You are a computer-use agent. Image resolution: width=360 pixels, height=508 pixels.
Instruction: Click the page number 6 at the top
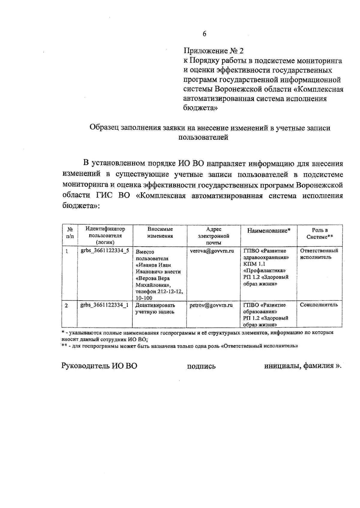tap(204, 34)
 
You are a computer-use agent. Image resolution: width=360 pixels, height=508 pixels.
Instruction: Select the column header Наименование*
tap(268, 231)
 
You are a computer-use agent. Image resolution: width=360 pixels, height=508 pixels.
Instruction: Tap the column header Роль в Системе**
tap(320, 233)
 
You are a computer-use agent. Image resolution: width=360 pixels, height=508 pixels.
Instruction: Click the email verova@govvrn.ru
tap(212, 251)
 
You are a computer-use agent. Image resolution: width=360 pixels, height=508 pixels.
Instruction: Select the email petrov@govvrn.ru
tap(211, 305)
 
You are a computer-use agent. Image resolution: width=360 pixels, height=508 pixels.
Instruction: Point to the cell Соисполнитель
tap(319, 305)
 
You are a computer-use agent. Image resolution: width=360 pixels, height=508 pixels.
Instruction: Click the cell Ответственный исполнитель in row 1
tap(319, 254)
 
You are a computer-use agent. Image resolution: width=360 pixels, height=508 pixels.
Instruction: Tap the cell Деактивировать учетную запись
tap(155, 308)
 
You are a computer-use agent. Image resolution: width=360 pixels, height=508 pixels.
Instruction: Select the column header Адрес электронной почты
tap(214, 236)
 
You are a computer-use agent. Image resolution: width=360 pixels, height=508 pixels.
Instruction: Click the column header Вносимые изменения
tap(160, 233)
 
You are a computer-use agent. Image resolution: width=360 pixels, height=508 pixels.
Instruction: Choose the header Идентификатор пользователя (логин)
tap(105, 236)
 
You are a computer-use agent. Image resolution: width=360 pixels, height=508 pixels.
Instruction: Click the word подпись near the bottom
tap(201, 366)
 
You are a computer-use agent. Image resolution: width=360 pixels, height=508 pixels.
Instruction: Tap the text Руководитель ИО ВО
tap(99, 366)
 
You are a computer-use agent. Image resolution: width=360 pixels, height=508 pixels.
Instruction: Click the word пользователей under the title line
tap(203, 138)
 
